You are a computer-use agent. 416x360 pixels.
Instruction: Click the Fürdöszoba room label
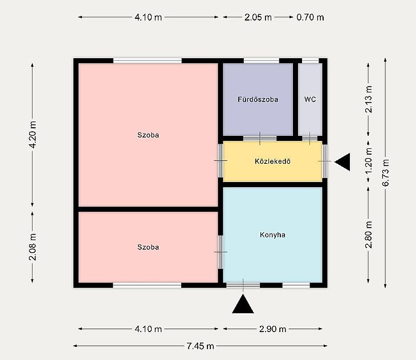pyautogui.click(x=258, y=99)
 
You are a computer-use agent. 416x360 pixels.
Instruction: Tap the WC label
pyautogui.click(x=310, y=99)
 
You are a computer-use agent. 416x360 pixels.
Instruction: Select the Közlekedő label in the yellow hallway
pyautogui.click(x=272, y=161)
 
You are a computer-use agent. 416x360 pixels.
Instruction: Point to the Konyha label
pyautogui.click(x=272, y=235)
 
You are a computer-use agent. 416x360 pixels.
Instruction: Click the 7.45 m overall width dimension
pyautogui.click(x=200, y=346)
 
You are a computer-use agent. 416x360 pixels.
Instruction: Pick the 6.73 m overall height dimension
pyautogui.click(x=385, y=173)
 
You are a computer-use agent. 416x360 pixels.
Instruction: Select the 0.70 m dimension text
pyautogui.click(x=310, y=18)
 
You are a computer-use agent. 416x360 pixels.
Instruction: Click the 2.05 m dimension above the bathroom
pyautogui.click(x=258, y=18)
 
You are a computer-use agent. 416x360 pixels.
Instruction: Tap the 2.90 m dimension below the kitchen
pyautogui.click(x=273, y=329)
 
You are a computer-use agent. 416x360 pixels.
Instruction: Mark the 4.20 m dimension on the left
pyautogui.click(x=32, y=135)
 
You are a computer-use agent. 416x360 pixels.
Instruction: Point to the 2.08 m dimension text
pyautogui.click(x=32, y=247)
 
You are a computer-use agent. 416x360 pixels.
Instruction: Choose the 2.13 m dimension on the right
pyautogui.click(x=369, y=99)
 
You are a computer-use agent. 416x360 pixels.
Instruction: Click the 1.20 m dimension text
pyautogui.click(x=369, y=161)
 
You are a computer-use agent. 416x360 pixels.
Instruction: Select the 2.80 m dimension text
pyautogui.click(x=369, y=235)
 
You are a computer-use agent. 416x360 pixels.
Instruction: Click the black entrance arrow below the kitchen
pyautogui.click(x=243, y=304)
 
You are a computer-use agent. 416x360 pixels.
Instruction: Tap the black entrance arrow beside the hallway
pyautogui.click(x=342, y=161)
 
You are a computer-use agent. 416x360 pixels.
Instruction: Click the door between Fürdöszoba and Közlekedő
pyautogui.click(x=260, y=139)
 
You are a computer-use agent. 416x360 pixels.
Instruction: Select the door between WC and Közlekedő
pyautogui.click(x=309, y=139)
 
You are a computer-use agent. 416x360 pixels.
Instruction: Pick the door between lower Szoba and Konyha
pyautogui.click(x=221, y=252)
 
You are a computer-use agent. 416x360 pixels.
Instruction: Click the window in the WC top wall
pyautogui.click(x=310, y=61)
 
